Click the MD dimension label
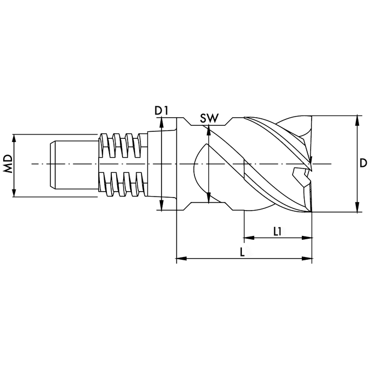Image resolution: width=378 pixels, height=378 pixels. coord(8,164)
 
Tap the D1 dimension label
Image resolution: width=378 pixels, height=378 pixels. coord(161,111)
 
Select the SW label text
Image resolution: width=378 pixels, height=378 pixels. coord(210,118)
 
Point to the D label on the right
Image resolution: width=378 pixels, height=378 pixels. coord(363,163)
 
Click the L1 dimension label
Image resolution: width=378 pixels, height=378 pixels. coord(278,232)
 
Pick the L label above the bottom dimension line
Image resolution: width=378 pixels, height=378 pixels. coord(242,252)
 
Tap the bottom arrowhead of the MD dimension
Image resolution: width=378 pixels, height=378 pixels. coord(14,192)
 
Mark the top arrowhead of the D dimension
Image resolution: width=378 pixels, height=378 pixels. coord(357,120)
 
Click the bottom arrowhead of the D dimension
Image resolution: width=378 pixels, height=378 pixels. coord(357,208)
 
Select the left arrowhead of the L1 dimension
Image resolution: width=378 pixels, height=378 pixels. coord(249,238)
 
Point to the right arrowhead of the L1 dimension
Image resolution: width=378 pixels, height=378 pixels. coord(307,238)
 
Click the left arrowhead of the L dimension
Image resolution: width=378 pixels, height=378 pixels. coord(181,259)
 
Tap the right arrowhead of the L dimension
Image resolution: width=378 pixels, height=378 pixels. coord(307,259)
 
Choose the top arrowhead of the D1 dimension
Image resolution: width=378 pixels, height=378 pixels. coord(162,122)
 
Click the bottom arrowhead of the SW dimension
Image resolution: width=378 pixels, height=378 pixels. coord(209,198)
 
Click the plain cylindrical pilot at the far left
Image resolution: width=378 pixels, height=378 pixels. coord(74,164)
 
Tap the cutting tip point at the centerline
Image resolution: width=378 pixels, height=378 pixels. coord(312,171)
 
